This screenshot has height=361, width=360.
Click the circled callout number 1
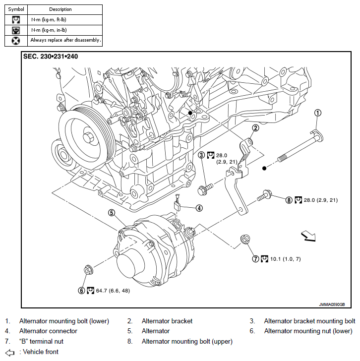[x=318, y=113]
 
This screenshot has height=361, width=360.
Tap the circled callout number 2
[x=255, y=128]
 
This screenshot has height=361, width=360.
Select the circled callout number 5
[x=112, y=213]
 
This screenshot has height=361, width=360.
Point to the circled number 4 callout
[x=199, y=208]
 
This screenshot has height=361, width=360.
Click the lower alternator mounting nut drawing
[x=88, y=270]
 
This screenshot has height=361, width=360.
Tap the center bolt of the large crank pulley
[x=88, y=138]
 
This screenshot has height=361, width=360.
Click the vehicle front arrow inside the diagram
[x=308, y=237]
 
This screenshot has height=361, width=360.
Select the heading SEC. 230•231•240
[x=51, y=57]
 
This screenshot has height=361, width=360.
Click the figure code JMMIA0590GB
[x=332, y=304]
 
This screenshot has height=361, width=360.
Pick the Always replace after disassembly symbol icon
[x=16, y=41]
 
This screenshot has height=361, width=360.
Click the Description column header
[x=60, y=9]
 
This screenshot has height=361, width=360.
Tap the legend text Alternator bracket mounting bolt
[x=309, y=321]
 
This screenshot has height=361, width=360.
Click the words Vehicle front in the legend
[x=41, y=352]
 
